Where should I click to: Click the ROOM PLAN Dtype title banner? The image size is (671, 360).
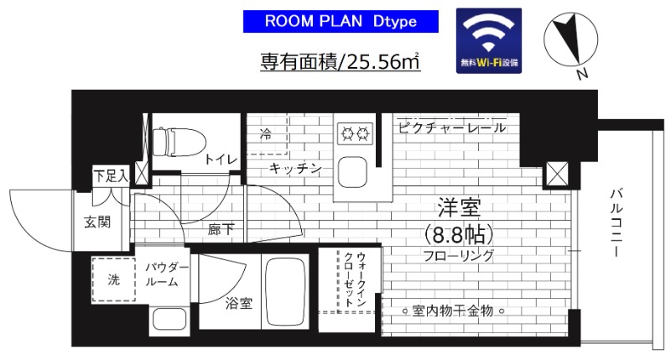pos(341,20)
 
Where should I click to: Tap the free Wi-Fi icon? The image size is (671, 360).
pos(489,40)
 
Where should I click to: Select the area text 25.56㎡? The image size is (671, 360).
pos(341,61)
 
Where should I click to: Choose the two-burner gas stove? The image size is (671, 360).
pos(354,132)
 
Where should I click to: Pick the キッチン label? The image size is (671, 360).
pos(295,169)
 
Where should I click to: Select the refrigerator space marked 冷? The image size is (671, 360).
pos(265,133)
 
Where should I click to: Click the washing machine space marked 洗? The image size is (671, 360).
pos(113,280)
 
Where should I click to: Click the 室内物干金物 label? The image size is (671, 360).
pos(451,311)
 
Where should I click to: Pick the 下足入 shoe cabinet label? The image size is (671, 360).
pos(110,176)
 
